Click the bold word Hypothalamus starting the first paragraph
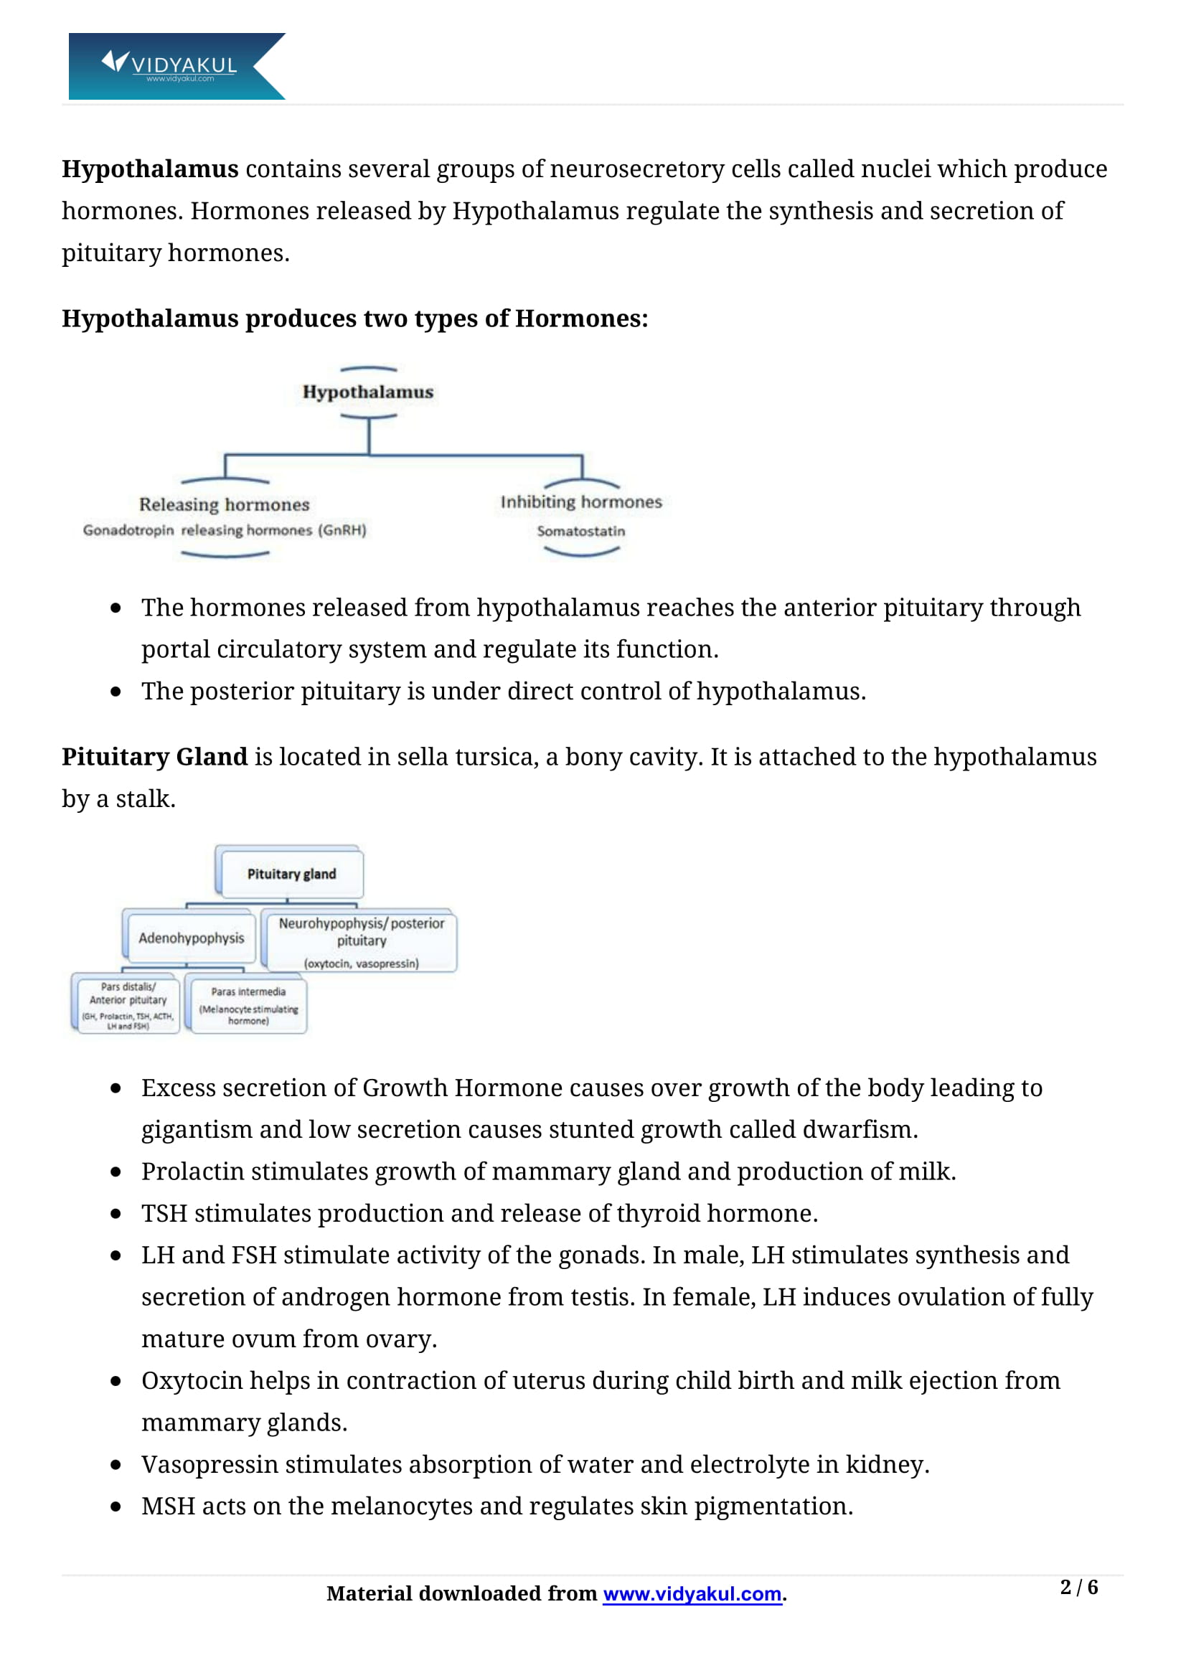coord(150,169)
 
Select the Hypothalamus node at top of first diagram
coord(367,392)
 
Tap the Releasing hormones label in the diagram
coord(225,504)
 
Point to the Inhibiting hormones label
coord(581,502)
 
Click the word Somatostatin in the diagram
coord(581,532)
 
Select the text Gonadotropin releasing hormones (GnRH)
coord(225,530)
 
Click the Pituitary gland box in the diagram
coord(291,873)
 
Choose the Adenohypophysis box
coord(191,938)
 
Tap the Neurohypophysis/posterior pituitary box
coord(361,941)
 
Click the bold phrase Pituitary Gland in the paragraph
coord(154,757)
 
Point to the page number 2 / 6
coord(1078,1588)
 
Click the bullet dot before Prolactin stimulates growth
coord(116,1172)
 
